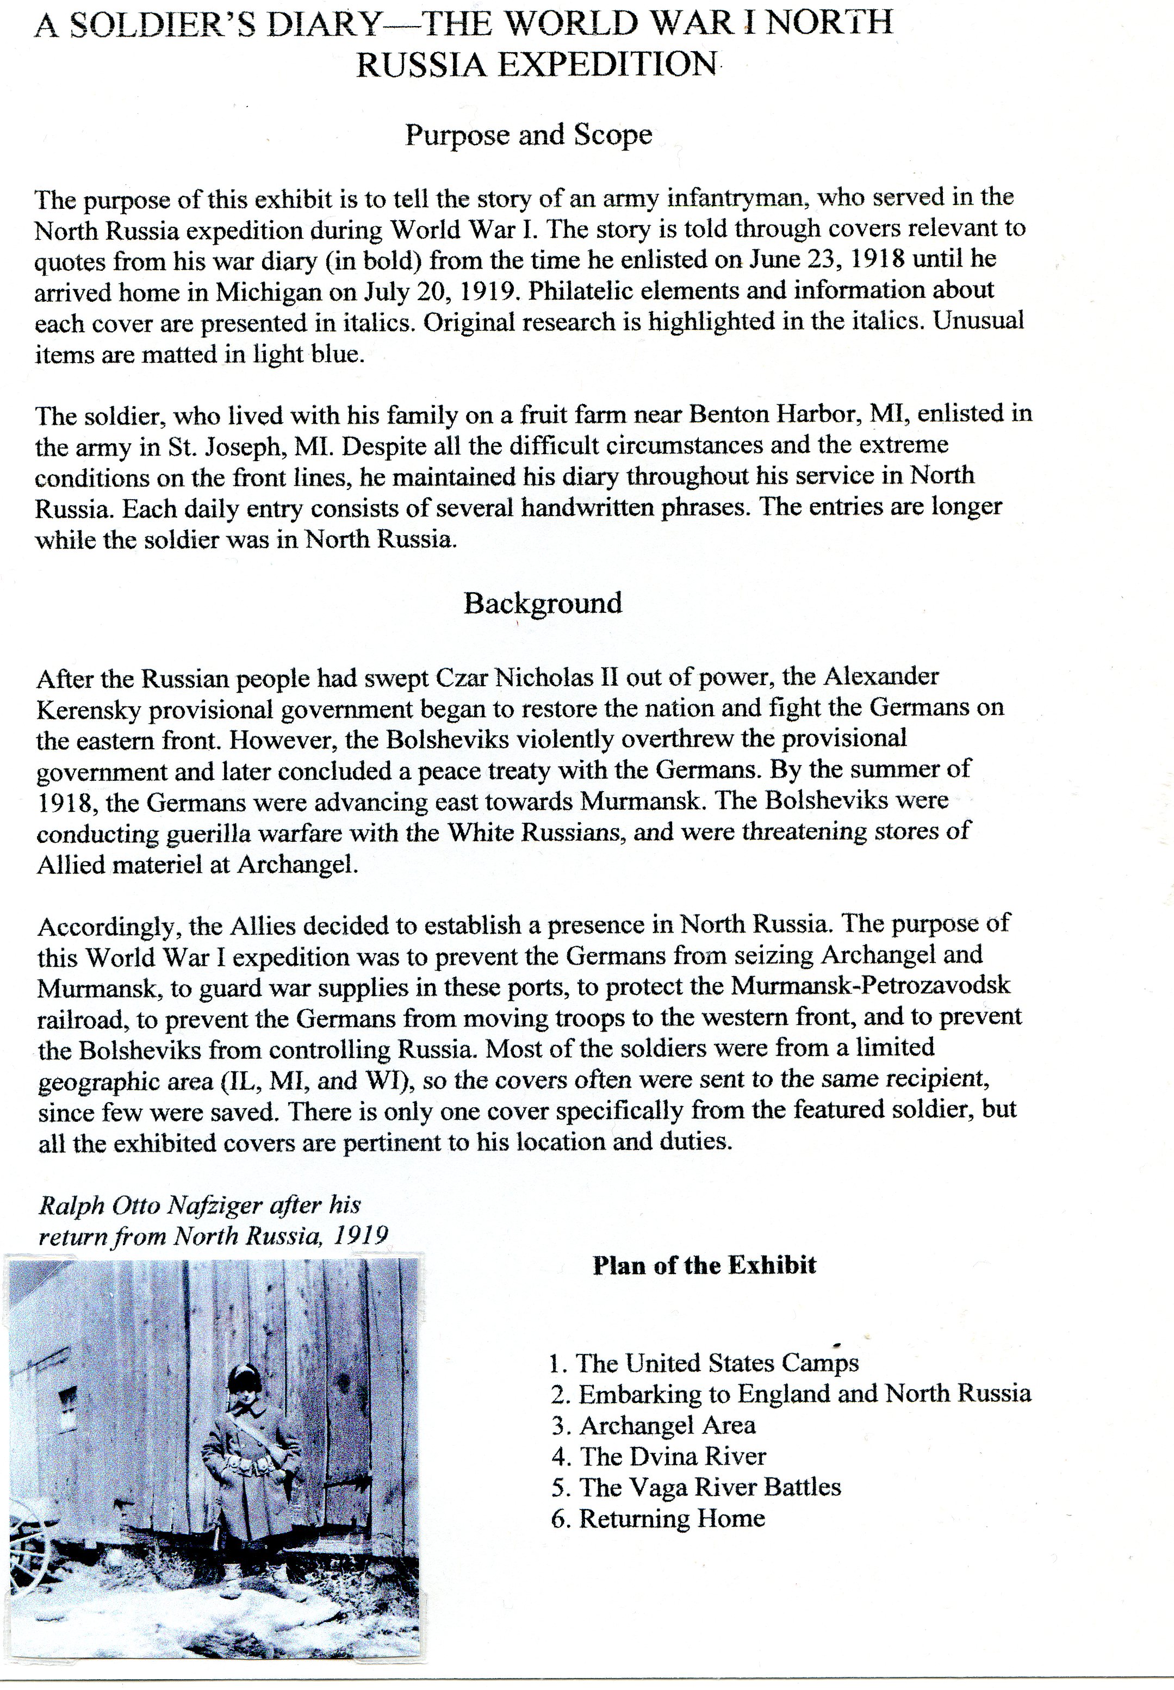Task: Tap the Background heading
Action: (x=543, y=603)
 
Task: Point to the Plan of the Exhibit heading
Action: (x=704, y=1265)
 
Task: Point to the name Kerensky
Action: (x=92, y=709)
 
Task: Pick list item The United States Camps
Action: (x=717, y=1363)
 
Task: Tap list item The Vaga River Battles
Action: (x=710, y=1487)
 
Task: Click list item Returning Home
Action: (x=672, y=1518)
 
